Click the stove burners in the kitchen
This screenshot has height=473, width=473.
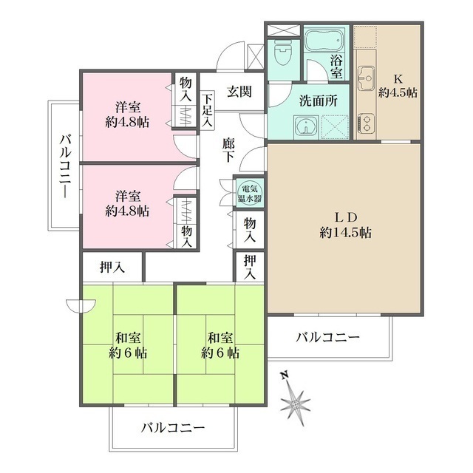pos(367,121)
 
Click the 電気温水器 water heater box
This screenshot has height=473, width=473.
pos(245,193)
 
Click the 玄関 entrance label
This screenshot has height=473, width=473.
pos(239,92)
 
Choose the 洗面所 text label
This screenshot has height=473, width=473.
pos(319,102)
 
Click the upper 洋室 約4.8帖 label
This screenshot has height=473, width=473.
pos(127,114)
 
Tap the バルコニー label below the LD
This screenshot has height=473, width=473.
pos(328,338)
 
